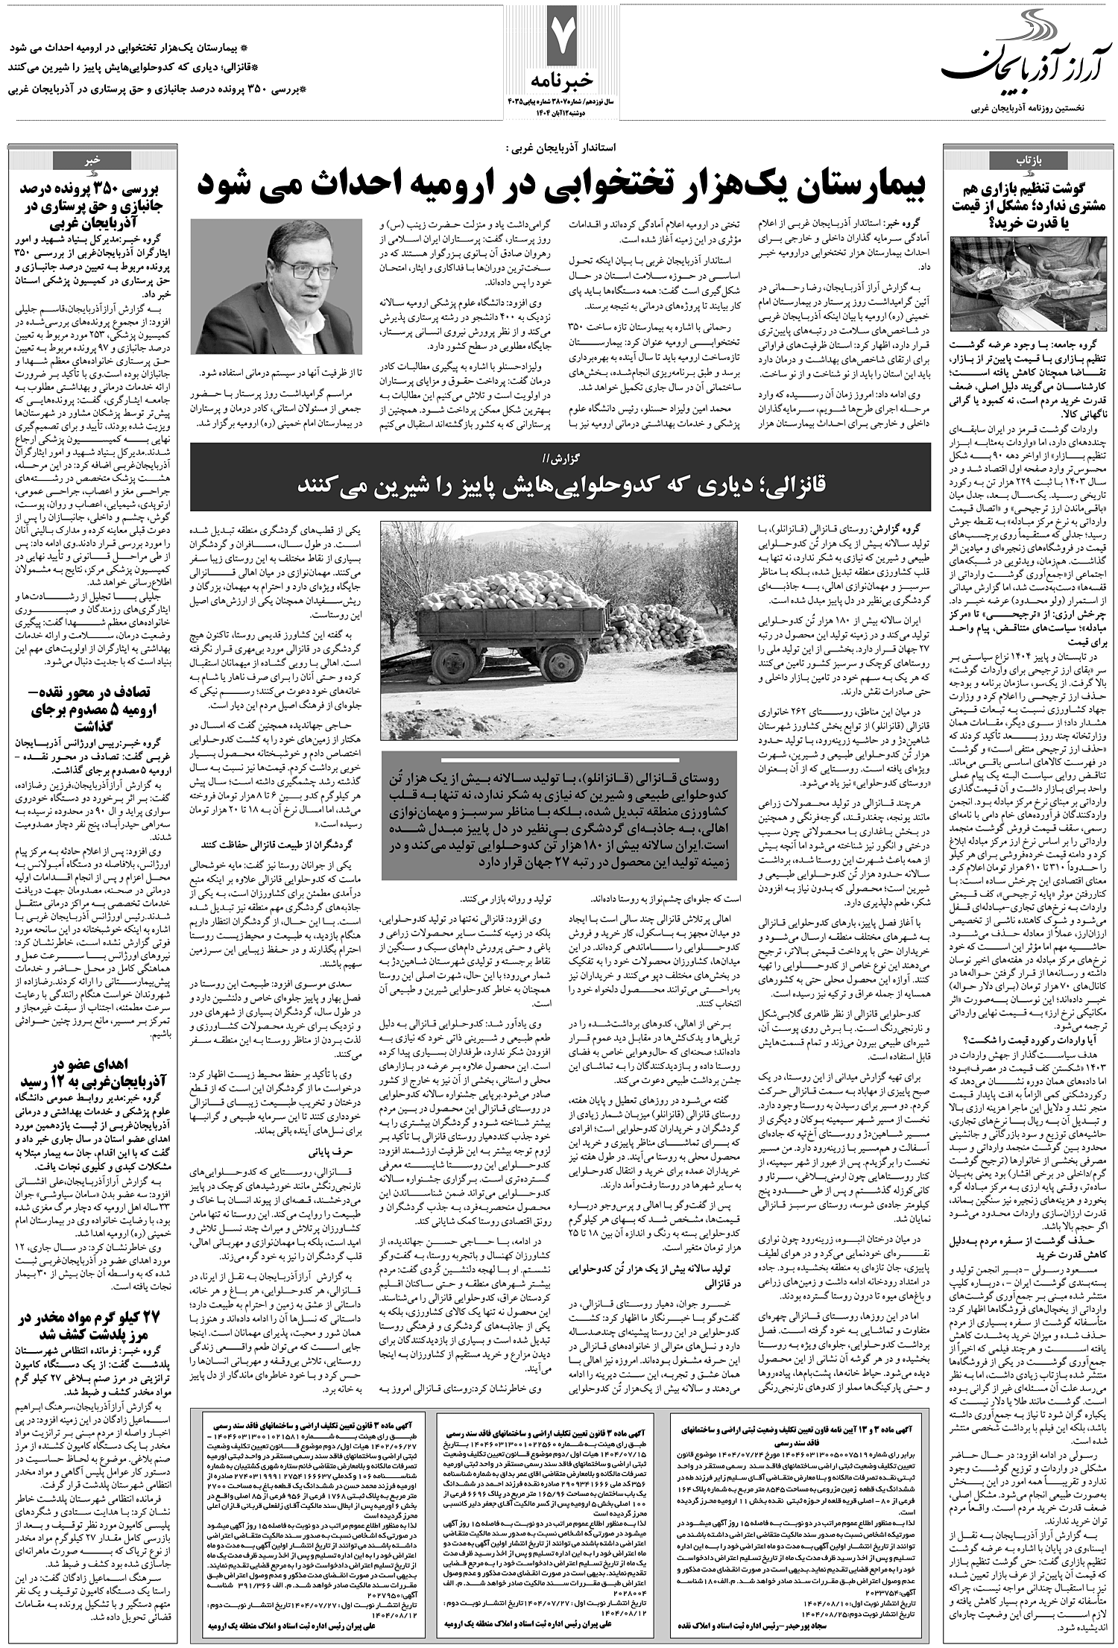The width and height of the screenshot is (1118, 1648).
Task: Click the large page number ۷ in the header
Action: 561,38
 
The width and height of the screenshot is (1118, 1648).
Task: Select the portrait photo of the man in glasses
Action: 275,286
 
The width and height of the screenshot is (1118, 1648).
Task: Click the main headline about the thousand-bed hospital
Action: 560,183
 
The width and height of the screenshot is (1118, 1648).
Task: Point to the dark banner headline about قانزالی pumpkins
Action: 560,484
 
